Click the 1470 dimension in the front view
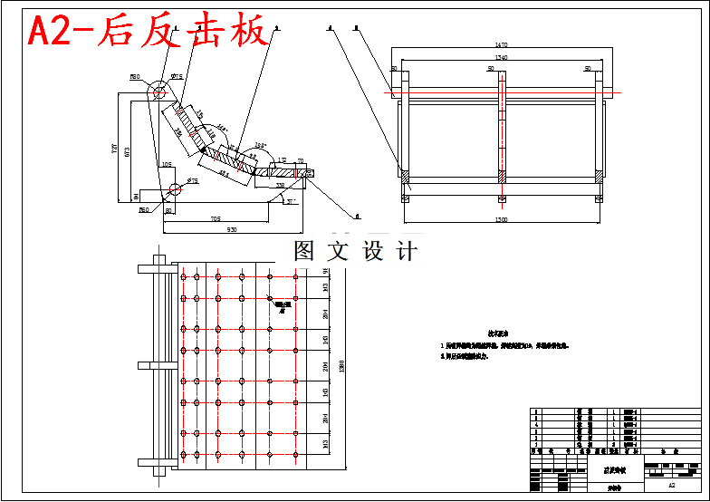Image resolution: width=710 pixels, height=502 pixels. tap(501, 44)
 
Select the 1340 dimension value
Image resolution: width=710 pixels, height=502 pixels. tap(501, 57)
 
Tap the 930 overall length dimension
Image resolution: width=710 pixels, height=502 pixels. tap(232, 230)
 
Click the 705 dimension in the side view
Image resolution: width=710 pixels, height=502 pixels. tap(216, 218)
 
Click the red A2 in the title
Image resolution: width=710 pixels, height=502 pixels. tap(56, 32)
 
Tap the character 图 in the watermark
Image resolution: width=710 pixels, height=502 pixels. tap(304, 251)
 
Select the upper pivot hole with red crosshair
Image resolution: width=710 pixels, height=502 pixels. tap(158, 92)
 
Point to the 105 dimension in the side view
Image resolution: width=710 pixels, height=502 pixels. tap(166, 165)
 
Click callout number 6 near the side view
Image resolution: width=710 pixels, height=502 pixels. tap(357, 217)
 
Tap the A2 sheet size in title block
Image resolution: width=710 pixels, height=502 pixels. tap(671, 486)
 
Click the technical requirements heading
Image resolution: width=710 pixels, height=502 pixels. tap(501, 333)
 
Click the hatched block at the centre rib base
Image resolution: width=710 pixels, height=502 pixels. tap(501, 174)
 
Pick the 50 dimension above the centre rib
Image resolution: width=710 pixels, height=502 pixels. tap(491, 68)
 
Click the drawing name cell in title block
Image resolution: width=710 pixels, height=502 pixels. tap(613, 471)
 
